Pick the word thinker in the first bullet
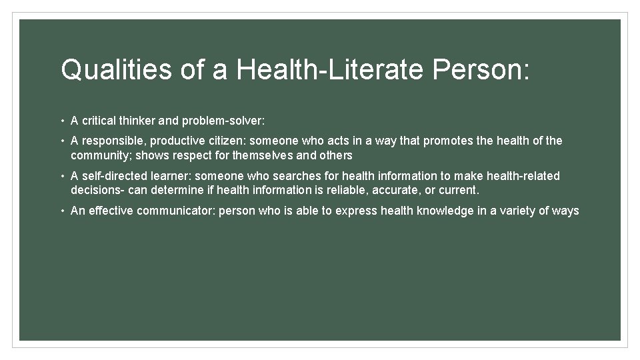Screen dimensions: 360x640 coord(138,121)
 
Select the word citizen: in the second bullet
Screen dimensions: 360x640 coord(224,141)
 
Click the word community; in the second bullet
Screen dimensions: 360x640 coord(97,155)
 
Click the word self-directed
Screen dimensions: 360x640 coord(113,176)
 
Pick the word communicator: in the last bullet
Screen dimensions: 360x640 coord(175,211)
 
